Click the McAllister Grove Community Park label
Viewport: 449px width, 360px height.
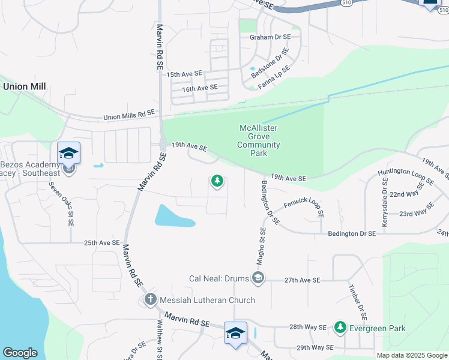pos(259,140)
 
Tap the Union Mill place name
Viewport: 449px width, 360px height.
pos(25,86)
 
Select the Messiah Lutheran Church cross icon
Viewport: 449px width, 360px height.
pos(150,299)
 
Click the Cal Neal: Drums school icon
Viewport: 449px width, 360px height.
pos(258,277)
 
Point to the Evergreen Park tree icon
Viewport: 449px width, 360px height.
pos(340,327)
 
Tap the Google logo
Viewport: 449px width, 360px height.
pos(20,353)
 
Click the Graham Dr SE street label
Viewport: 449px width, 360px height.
pos(270,37)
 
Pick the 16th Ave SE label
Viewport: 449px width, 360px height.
pos(200,88)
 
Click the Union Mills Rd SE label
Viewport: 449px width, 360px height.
pos(129,114)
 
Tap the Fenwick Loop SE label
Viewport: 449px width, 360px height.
pos(304,209)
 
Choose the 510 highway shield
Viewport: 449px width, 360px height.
pos(346,3)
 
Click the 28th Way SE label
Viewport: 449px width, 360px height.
pos(307,328)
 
